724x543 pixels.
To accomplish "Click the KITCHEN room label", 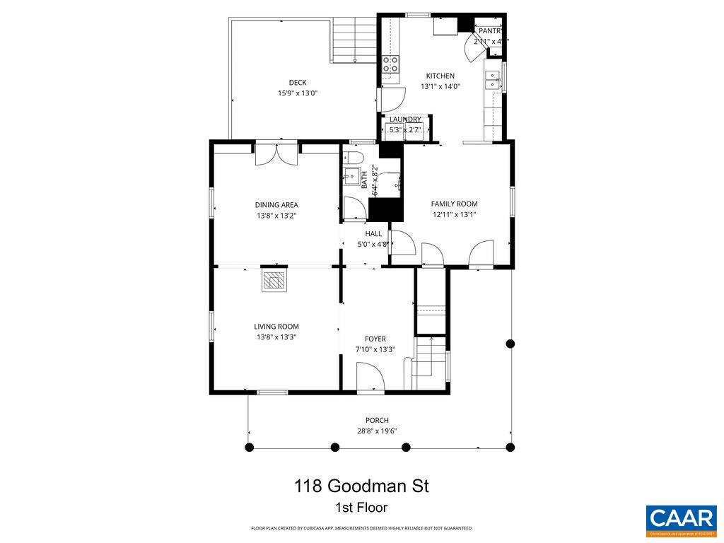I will click(x=440, y=76).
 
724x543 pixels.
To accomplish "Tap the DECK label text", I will click(x=298, y=82).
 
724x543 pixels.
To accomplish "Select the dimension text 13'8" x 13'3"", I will click(x=276, y=337).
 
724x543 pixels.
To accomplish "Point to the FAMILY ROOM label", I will click(x=455, y=204).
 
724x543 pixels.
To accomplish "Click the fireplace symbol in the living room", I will click(x=274, y=281).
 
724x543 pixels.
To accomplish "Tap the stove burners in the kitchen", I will click(x=391, y=65).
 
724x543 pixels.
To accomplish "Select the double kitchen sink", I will click(x=492, y=78).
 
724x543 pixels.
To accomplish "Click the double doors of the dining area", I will click(x=277, y=153).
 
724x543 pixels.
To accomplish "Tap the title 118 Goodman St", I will click(x=362, y=486).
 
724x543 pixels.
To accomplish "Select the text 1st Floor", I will click(x=361, y=508).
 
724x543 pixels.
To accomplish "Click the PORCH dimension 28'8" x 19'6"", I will click(x=377, y=431).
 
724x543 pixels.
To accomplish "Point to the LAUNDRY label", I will click(x=405, y=119).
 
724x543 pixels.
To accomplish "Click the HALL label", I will click(x=373, y=233).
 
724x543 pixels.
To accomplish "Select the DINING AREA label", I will click(x=276, y=205).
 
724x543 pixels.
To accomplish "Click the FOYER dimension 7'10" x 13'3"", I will click(x=375, y=349).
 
